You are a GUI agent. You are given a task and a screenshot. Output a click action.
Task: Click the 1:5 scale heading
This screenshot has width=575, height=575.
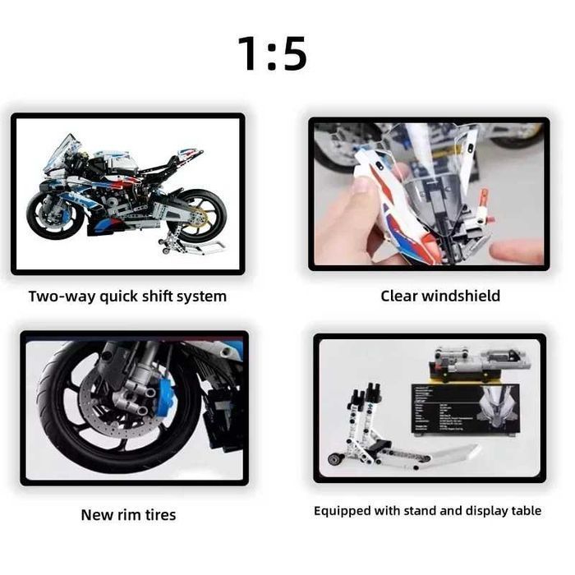coord(272,53)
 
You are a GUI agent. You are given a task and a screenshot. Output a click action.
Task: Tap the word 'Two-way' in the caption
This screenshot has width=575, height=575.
coord(59,296)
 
